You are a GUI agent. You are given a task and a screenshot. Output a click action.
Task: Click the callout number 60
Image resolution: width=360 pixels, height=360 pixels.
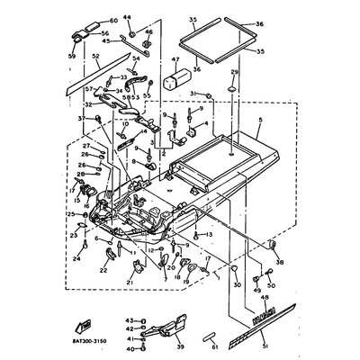(x=113, y=20)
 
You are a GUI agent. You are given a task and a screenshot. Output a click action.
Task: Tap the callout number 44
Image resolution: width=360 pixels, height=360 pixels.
(x=128, y=17)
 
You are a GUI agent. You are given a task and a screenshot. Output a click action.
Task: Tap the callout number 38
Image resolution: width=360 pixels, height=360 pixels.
(x=280, y=262)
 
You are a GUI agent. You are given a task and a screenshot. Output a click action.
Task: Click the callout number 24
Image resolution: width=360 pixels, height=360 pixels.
(x=76, y=258)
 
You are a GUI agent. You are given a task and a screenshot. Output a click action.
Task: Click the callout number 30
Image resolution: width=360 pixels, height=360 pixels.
(x=238, y=284)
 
